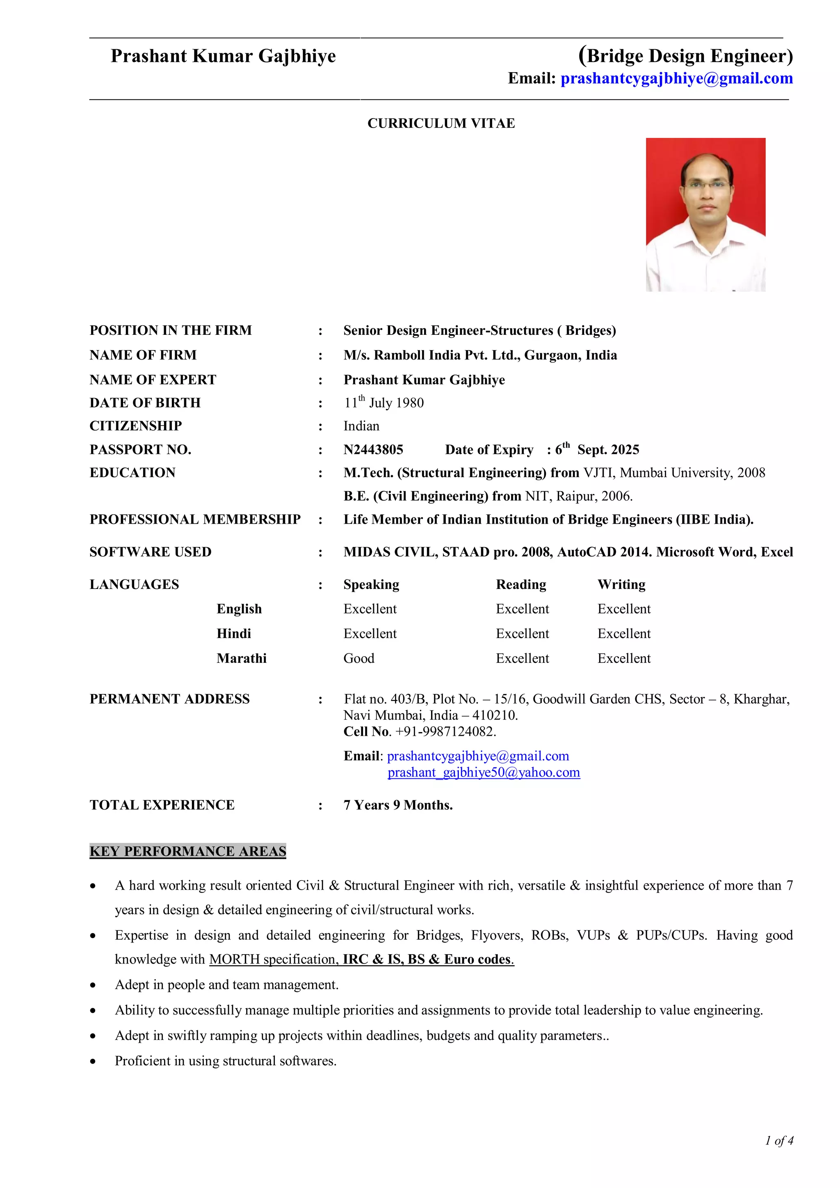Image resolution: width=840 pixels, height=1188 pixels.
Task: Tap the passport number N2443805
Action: tap(373, 450)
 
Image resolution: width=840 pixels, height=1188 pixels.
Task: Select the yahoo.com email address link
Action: tap(484, 773)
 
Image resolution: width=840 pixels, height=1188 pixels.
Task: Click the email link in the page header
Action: tap(676, 79)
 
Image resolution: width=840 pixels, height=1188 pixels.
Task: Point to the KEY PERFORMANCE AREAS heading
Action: tap(188, 851)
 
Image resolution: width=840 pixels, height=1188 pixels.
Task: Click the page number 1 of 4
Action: tap(779, 1140)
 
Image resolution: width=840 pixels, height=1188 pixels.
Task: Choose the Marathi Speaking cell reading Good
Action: tap(358, 658)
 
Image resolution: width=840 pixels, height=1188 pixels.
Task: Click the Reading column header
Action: tap(520, 584)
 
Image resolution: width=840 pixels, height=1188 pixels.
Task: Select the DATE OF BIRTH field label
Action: tap(145, 403)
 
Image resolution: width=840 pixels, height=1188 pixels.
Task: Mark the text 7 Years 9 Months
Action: tap(398, 805)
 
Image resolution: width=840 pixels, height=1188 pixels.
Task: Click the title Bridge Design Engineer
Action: tap(685, 56)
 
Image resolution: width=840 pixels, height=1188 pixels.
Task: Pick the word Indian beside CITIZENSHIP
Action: tap(361, 426)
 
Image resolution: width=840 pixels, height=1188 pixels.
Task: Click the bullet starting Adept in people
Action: tap(226, 984)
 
